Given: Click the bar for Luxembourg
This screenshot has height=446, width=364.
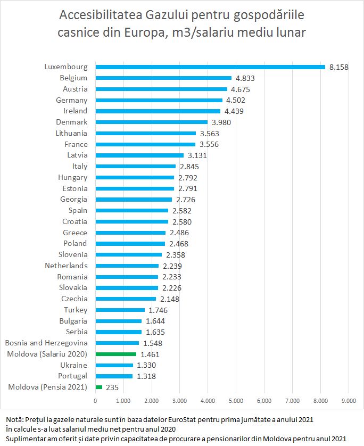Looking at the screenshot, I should pyautogui.click(x=210, y=67).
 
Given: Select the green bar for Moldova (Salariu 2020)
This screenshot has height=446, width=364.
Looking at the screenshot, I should pyautogui.click(x=116, y=354).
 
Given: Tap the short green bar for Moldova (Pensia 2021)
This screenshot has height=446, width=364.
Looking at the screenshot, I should pyautogui.click(x=98, y=387).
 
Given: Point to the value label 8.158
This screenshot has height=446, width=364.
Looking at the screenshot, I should pyautogui.click(x=338, y=67).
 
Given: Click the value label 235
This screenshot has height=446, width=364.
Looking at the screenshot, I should pyautogui.click(x=112, y=387).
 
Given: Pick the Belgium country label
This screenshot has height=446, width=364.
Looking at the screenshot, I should pyautogui.click(x=73, y=78).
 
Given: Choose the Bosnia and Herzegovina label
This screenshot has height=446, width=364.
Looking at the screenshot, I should pyautogui.click(x=46, y=343).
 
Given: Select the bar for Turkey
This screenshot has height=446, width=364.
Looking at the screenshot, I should pyautogui.click(x=120, y=310).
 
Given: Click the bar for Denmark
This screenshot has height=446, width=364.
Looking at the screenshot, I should pyautogui.click(x=152, y=122).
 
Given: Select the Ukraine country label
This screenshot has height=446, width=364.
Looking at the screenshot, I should pyautogui.click(x=74, y=365).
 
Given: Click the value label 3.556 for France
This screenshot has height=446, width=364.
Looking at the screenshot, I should pyautogui.click(x=209, y=144).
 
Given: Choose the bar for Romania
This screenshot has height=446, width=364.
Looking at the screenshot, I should pyautogui.click(x=127, y=277).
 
